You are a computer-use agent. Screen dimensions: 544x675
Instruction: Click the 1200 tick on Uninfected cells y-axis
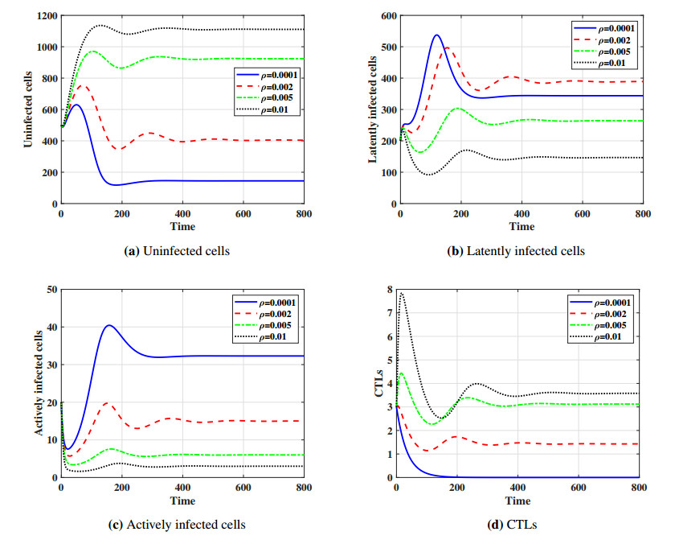(44, 16)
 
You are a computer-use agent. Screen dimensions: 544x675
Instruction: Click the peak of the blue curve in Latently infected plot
(436, 35)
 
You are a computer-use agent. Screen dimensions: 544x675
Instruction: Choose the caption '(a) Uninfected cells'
(183, 251)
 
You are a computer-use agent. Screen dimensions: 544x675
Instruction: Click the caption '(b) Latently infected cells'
(515, 251)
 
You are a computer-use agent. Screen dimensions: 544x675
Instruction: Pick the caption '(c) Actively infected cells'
(176, 525)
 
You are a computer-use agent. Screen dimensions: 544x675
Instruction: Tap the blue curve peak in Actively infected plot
(109, 325)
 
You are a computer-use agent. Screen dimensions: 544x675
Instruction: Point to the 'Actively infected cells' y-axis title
(39, 382)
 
